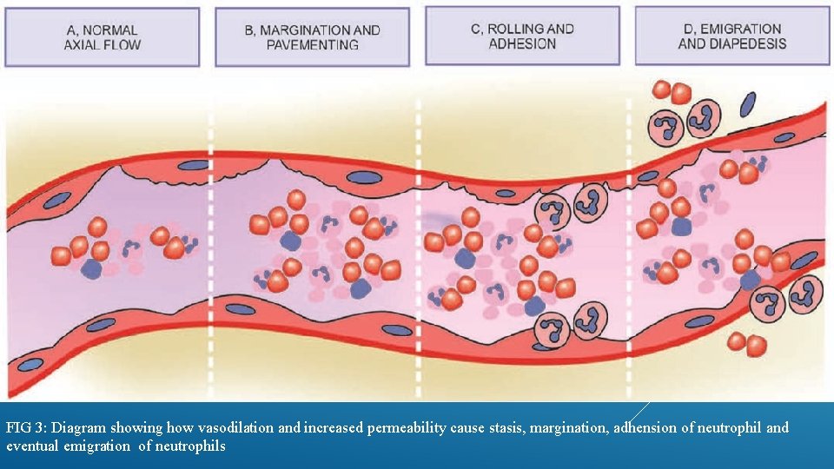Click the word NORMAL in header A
114,30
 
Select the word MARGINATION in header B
301,30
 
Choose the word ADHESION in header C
522,43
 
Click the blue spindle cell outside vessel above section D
748,104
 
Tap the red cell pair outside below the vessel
746,343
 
